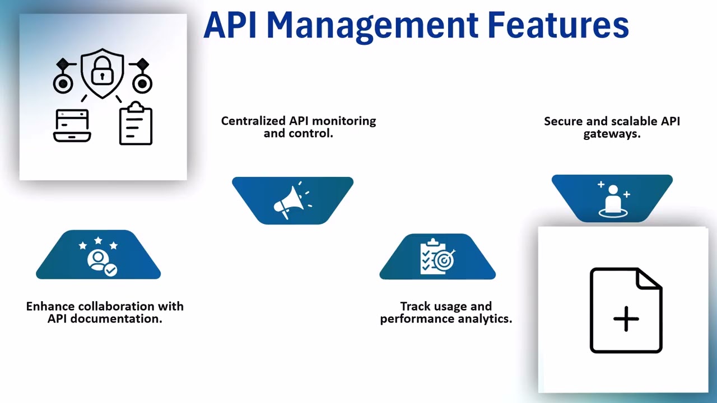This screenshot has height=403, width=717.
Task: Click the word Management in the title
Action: click(x=372, y=26)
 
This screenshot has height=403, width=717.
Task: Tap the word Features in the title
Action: click(x=558, y=25)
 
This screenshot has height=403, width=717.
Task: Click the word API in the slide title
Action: click(x=230, y=25)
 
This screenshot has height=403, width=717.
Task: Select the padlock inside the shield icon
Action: click(x=102, y=71)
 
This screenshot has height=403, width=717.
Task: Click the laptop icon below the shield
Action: click(x=72, y=125)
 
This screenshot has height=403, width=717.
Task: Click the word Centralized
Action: click(x=253, y=121)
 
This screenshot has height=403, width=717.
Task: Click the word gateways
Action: click(x=612, y=134)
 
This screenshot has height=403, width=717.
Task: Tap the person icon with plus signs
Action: click(x=613, y=200)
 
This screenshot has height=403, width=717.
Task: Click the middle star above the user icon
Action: click(x=98, y=240)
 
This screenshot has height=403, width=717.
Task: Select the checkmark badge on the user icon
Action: click(x=111, y=270)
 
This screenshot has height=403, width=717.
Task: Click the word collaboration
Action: click(x=117, y=306)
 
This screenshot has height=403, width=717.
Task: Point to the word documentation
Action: click(x=116, y=319)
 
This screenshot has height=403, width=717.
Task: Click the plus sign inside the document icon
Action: click(x=626, y=318)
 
